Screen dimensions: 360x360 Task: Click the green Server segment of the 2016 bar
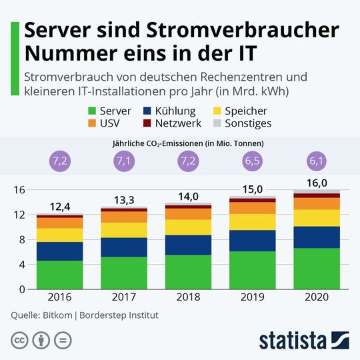(59, 275)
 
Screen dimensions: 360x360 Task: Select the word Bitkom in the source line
(59, 315)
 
